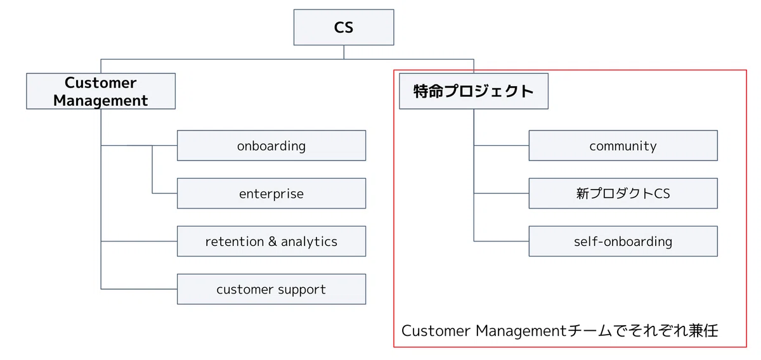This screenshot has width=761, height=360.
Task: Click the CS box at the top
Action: click(344, 27)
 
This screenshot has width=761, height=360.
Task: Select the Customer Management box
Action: click(101, 91)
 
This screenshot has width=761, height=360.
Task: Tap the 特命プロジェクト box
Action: click(474, 91)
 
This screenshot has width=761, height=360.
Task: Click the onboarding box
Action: click(271, 145)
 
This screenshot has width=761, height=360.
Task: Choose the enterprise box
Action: click(271, 193)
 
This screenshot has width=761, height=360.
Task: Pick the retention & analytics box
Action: click(271, 241)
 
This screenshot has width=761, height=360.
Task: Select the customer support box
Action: click(271, 289)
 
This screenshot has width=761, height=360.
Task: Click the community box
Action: click(623, 145)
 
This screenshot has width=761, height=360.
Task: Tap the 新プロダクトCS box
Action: click(623, 193)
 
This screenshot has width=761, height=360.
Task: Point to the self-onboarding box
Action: click(623, 241)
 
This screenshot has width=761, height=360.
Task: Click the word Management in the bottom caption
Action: click(521, 331)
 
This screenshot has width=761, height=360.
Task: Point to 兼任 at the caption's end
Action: click(703, 331)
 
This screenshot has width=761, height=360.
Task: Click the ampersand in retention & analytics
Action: click(273, 241)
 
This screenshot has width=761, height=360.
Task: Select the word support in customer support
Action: click(302, 290)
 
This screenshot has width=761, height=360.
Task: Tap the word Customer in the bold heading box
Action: click(101, 83)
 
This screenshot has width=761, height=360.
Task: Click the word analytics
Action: click(309, 242)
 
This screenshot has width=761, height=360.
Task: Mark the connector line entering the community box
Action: click(501, 145)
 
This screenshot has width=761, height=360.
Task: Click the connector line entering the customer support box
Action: click(139, 289)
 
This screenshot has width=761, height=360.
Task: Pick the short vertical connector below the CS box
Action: click(344, 53)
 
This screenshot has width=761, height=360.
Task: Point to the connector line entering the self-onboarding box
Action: click(501, 241)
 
